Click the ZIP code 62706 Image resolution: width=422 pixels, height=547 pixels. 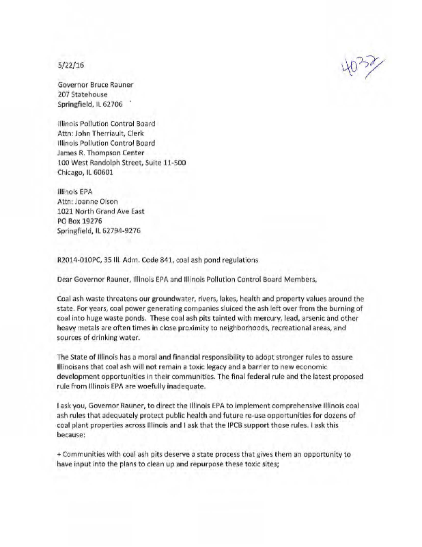tap(110, 105)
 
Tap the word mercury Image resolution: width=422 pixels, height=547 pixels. tap(228, 321)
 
